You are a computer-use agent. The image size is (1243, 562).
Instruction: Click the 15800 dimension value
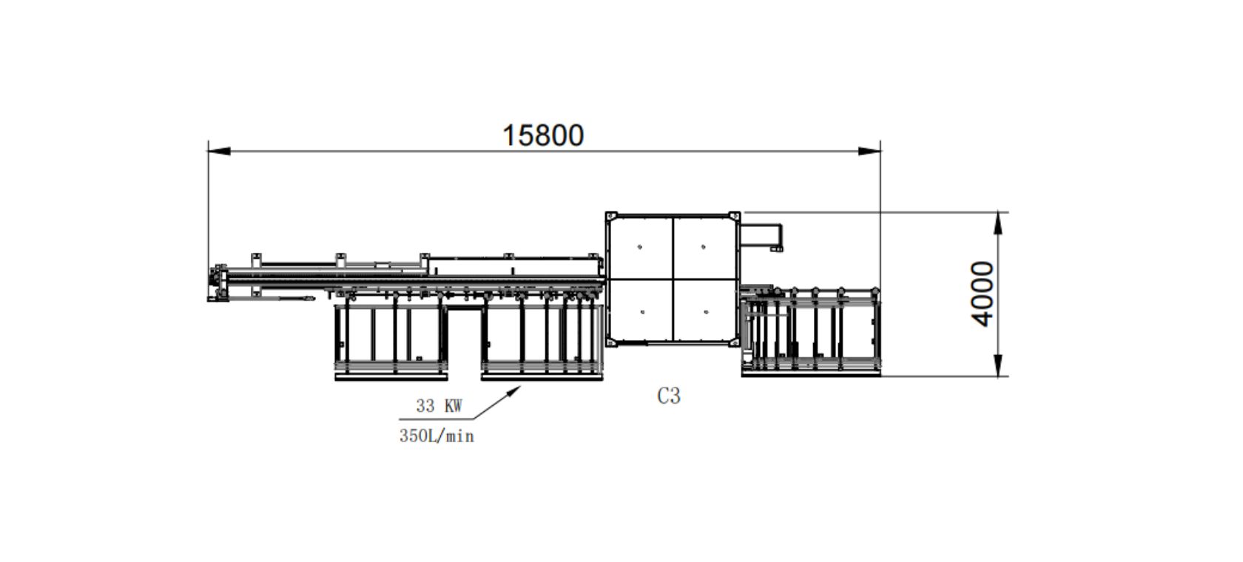543,135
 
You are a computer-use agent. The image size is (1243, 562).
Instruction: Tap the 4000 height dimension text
983,294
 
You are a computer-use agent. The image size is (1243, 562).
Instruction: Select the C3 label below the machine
668,396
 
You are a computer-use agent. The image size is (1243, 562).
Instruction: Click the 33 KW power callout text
439,406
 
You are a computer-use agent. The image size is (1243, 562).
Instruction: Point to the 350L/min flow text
437,436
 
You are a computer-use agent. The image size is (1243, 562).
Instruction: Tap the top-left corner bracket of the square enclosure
611,216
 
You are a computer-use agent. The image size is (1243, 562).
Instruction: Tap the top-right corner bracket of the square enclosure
734,216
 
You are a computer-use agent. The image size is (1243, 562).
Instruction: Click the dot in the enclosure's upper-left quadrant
640,247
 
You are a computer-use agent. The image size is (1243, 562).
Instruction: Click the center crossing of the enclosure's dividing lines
673,279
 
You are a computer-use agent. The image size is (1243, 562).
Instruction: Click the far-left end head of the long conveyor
216,284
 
